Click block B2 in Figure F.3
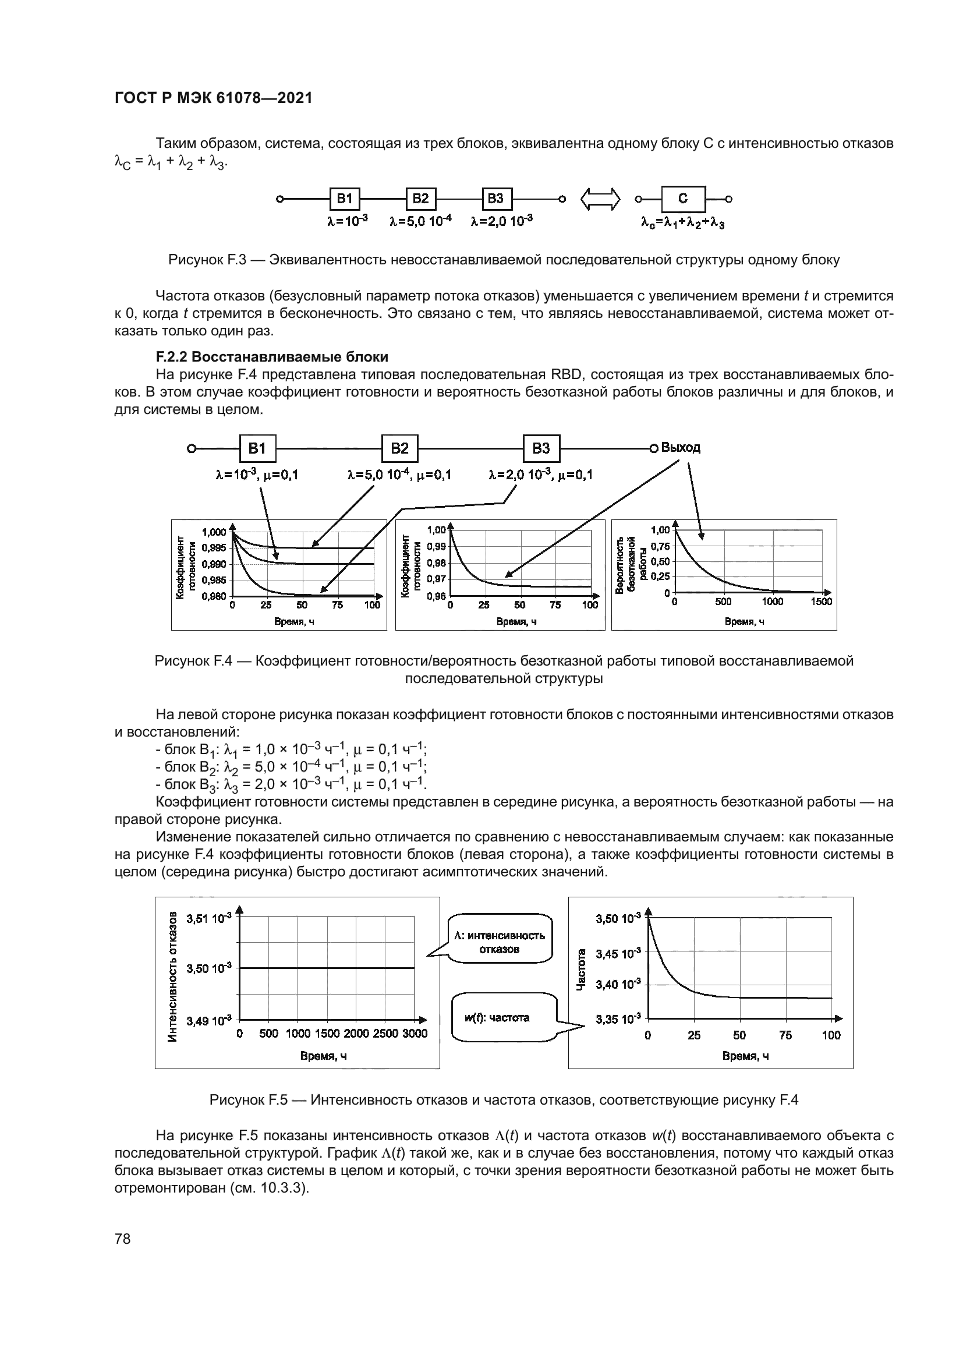click(x=420, y=199)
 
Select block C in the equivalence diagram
click(x=683, y=199)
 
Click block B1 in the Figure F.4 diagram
click(x=257, y=448)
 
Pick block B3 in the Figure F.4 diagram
click(x=541, y=448)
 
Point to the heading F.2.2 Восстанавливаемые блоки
click(x=272, y=357)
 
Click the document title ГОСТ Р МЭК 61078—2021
click(x=213, y=98)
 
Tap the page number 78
click(x=123, y=1239)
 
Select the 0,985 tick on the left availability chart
click(x=214, y=580)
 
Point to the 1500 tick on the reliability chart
click(x=822, y=602)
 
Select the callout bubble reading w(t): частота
click(x=505, y=1018)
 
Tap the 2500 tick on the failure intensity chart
click(x=385, y=1034)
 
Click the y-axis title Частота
click(x=582, y=970)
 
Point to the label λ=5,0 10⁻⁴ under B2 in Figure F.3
click(x=420, y=221)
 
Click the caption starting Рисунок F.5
click(x=504, y=1101)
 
